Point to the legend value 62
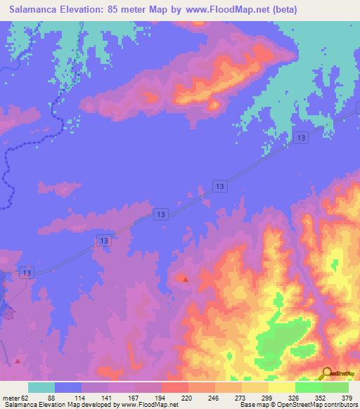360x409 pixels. point(27,398)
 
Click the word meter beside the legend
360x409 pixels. point(11,398)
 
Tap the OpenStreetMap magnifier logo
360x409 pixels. point(328,374)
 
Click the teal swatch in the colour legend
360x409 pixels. point(41,387)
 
